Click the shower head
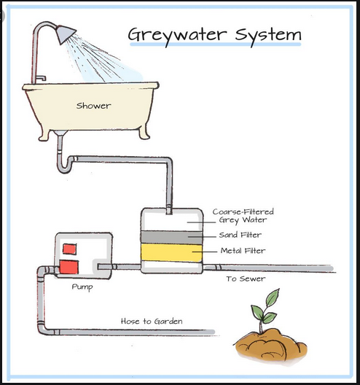[x=66, y=34]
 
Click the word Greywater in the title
[x=177, y=35]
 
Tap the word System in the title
[x=268, y=36]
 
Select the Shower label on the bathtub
[x=93, y=106]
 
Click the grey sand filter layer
[x=171, y=238]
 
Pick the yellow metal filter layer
[x=171, y=252]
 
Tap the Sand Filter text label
[x=240, y=235]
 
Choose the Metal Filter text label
[x=243, y=251]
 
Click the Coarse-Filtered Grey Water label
[x=243, y=216]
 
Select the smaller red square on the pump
[x=69, y=249]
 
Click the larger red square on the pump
[x=69, y=267]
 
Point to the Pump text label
[x=82, y=287]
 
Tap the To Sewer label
[x=246, y=279]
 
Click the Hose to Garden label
[x=152, y=321]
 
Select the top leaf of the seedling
[x=273, y=297]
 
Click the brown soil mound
[x=271, y=344]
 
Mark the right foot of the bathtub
[x=144, y=133]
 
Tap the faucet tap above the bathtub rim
[x=41, y=79]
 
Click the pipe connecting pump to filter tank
[x=120, y=267]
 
